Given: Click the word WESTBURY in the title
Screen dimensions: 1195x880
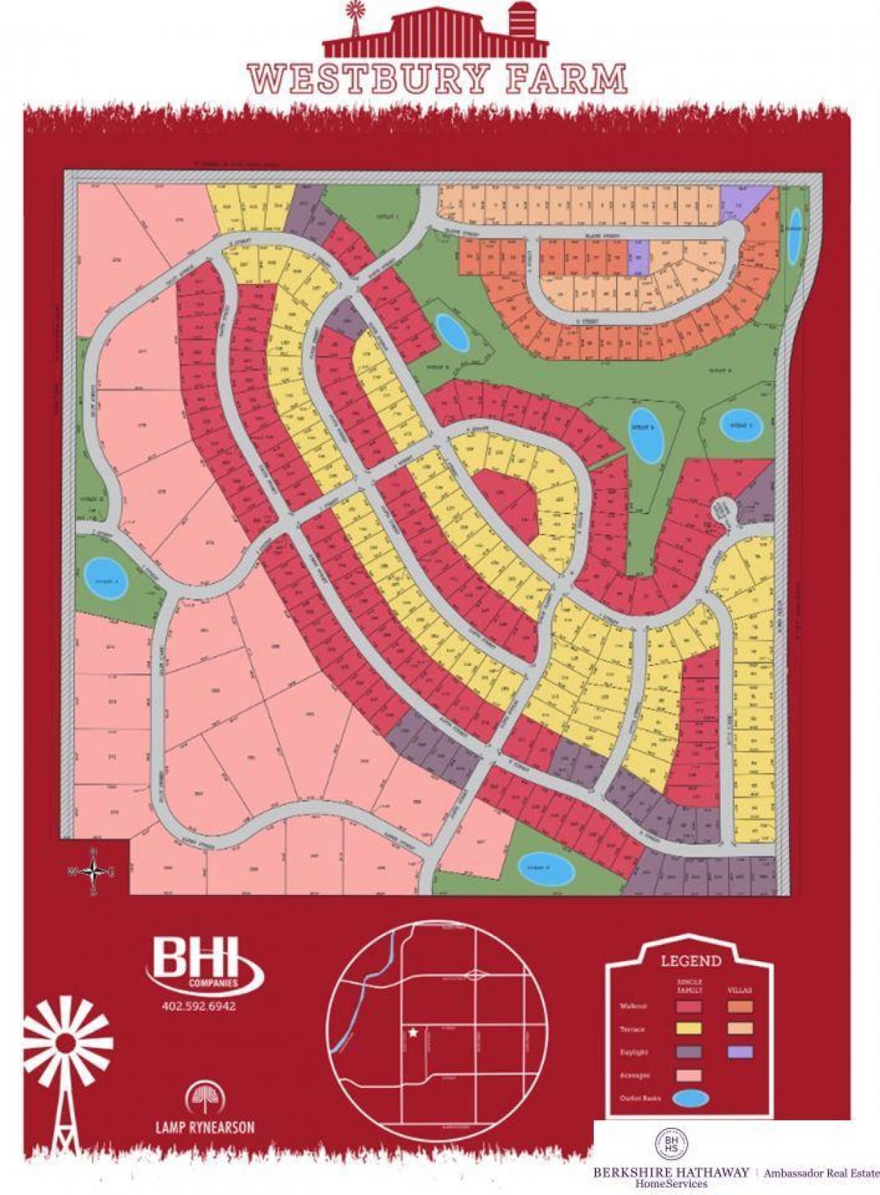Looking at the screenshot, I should (367, 78).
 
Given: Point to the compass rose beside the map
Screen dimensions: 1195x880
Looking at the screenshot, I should (93, 871).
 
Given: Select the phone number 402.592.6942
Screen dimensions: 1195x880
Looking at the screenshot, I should (199, 1006).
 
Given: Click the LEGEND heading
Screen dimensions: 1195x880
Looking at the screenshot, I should (691, 960).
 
